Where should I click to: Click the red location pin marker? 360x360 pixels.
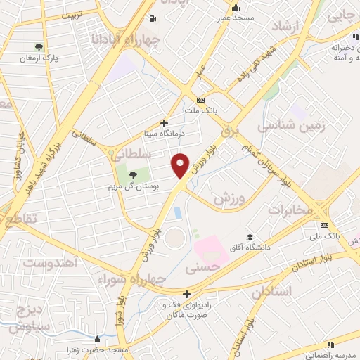(181, 165)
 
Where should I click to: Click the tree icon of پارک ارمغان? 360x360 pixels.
(39, 48)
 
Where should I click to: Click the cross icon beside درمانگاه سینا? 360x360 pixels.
(165, 123)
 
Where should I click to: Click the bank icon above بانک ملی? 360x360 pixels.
(326, 226)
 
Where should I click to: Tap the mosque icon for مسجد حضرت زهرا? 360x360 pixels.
(96, 340)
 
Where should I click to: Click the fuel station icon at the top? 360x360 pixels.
(153, 19)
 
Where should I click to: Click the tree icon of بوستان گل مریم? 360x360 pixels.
(134, 174)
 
